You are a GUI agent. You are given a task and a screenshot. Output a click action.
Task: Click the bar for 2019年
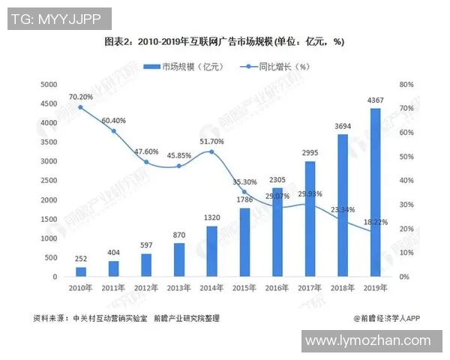click(375, 193)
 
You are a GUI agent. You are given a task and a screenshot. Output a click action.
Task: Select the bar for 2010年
click(81, 272)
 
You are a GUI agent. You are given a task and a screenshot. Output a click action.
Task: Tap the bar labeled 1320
click(211, 251)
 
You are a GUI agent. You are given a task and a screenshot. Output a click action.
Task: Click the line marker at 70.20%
click(81, 107)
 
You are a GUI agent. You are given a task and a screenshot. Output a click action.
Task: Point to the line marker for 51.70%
click(211, 152)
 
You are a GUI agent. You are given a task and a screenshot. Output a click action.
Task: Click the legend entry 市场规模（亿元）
click(184, 66)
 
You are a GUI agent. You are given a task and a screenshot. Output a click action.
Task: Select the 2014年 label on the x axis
click(211, 288)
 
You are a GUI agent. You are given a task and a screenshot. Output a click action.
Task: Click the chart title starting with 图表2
click(224, 41)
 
